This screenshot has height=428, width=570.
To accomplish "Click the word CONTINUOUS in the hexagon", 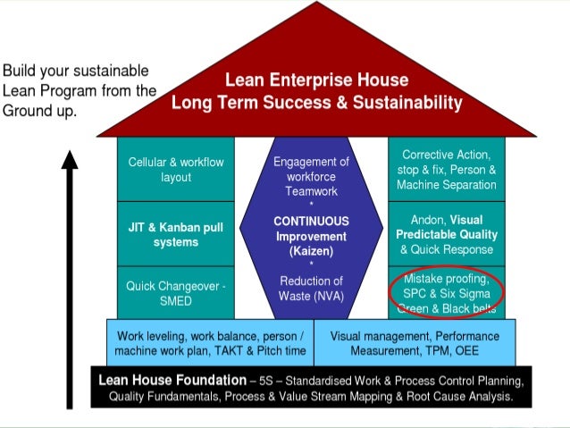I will [x=311, y=221].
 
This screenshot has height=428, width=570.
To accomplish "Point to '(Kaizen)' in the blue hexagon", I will [x=311, y=251].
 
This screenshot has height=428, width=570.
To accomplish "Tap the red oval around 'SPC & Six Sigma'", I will [x=447, y=292].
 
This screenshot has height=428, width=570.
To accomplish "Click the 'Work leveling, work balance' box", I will [x=210, y=342].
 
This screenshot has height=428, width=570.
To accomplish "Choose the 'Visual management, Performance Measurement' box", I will [x=415, y=342].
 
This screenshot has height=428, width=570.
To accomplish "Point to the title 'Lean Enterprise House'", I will [x=317, y=80].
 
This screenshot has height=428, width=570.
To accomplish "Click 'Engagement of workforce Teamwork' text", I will [x=311, y=176].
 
